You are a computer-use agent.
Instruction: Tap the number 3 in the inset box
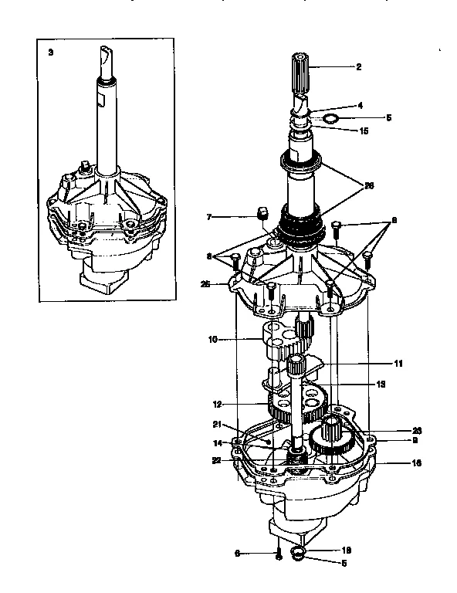pyautogui.click(x=51, y=53)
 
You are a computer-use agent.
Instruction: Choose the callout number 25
pyautogui.click(x=205, y=283)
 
